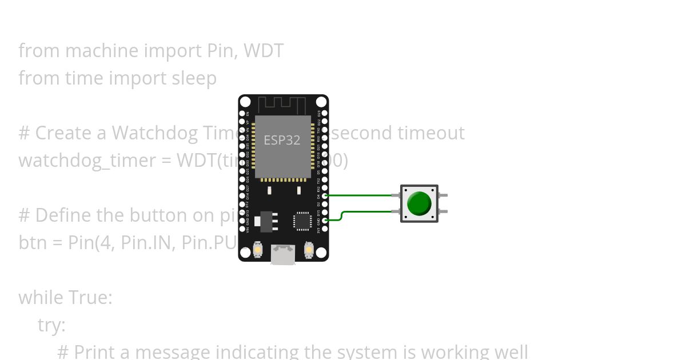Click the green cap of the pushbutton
(420, 203)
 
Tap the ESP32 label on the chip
(282, 140)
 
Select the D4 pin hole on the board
(325, 195)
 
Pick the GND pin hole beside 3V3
(325, 220)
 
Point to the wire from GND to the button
(366, 212)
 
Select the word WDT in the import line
(264, 51)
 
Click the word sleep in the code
(194, 78)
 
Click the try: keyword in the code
(51, 325)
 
